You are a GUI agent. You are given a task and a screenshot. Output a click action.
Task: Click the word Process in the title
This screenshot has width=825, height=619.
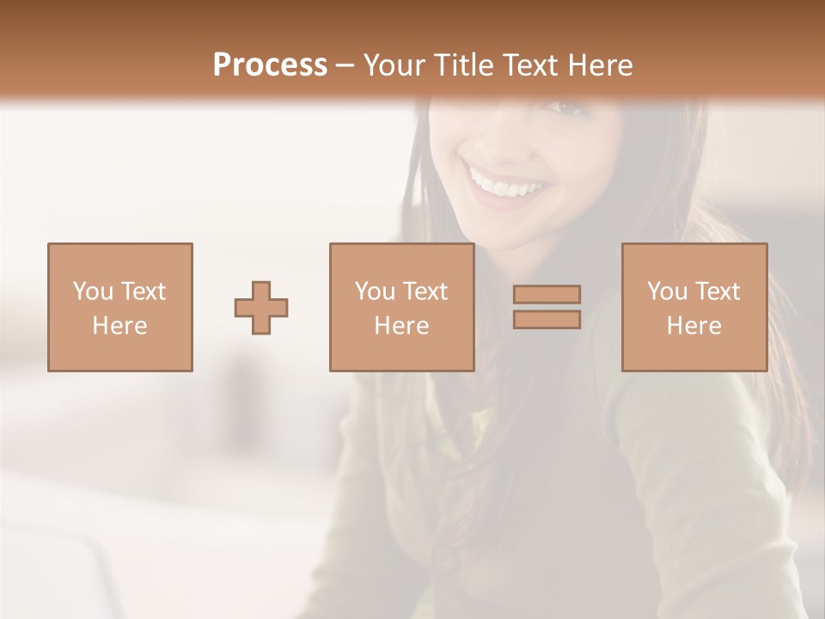tap(270, 65)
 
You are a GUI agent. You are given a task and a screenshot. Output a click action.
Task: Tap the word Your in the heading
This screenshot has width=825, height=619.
tap(391, 65)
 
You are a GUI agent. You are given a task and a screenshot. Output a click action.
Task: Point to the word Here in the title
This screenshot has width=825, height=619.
tap(598, 65)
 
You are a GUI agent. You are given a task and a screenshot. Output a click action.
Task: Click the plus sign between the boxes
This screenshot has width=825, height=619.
tap(261, 307)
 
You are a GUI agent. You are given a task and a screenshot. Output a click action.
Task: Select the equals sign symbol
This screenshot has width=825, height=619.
tap(547, 307)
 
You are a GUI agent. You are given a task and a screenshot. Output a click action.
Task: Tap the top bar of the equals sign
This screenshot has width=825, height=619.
tap(547, 294)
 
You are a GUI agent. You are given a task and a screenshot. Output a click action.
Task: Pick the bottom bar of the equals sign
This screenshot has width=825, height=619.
tap(547, 320)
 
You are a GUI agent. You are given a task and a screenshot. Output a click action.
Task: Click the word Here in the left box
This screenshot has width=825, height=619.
tap(119, 326)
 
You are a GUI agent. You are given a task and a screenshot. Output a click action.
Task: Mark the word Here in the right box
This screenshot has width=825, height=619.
tap(694, 326)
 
